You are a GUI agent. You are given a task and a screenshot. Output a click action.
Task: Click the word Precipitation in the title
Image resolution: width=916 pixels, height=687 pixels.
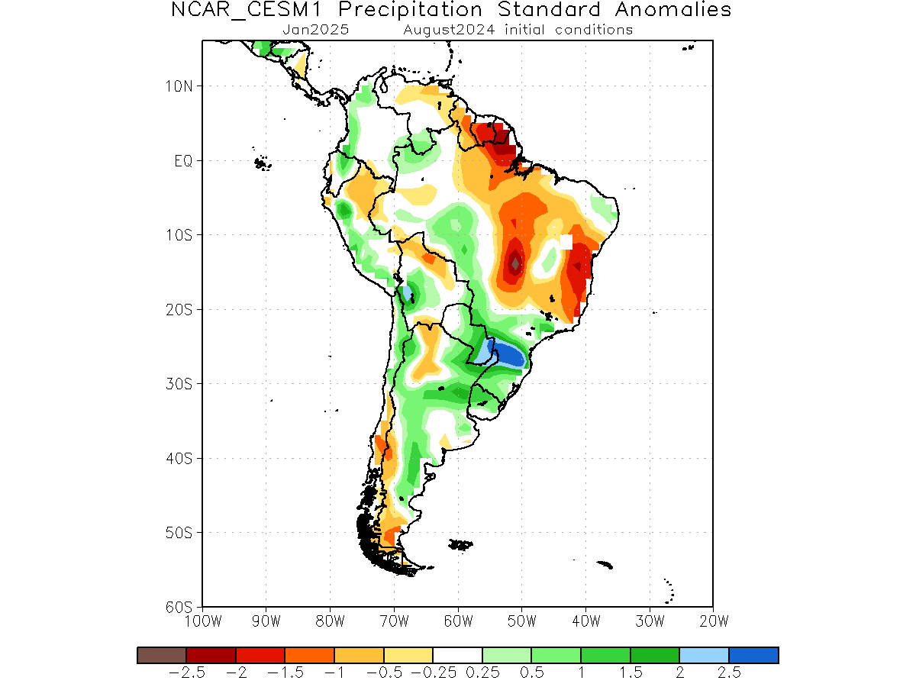tap(410, 10)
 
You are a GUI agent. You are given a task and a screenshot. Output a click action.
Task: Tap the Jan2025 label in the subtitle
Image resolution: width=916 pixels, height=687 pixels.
tap(315, 30)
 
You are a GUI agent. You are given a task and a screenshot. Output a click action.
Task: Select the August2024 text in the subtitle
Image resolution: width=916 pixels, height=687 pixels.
tap(449, 30)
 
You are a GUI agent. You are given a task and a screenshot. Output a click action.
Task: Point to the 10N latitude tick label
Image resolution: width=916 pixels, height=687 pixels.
tap(179, 86)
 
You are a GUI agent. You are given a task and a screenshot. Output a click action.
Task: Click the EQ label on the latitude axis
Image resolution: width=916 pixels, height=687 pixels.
tap(183, 160)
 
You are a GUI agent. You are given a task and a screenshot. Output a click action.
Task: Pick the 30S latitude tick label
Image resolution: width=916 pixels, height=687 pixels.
tap(179, 383)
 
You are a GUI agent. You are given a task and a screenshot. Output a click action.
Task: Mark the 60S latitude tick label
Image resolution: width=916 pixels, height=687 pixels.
tap(179, 607)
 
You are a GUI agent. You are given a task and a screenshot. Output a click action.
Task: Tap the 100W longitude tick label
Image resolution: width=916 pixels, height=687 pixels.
tap(203, 621)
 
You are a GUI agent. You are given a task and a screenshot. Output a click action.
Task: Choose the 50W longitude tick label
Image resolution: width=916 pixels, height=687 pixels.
tap(521, 621)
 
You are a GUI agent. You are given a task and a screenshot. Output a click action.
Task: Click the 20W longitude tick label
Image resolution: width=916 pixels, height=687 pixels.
tap(714, 621)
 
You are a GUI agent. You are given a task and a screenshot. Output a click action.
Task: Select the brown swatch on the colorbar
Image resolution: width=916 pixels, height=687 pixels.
tap(162, 655)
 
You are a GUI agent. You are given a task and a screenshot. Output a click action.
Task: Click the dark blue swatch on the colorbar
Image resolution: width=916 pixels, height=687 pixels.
tap(753, 655)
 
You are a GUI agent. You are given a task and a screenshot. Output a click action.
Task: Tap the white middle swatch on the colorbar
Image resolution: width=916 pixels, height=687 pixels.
tap(457, 655)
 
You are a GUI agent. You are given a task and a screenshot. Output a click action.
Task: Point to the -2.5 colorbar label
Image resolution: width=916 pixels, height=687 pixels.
tap(186, 672)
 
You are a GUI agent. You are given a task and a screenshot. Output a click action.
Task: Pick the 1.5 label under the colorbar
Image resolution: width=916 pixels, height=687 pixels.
tap(631, 672)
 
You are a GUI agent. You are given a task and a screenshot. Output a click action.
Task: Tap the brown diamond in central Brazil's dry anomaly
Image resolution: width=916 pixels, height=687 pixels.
tap(515, 263)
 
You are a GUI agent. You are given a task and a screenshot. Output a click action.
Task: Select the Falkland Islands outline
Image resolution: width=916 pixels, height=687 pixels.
tap(460, 544)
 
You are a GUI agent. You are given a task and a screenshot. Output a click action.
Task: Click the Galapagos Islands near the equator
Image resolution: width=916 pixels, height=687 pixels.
tap(262, 163)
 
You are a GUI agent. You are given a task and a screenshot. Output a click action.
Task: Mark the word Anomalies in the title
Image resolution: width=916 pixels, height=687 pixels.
tap(673, 10)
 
